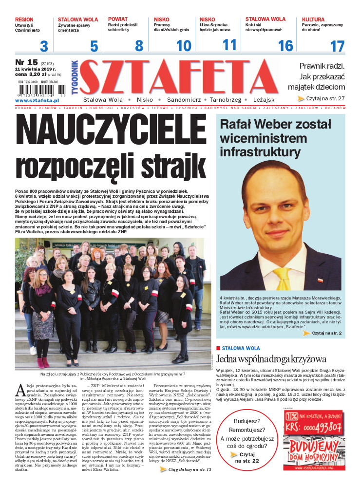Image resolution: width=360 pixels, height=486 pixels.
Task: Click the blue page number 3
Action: click(44, 47)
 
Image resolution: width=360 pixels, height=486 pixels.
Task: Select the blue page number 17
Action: click(337, 47)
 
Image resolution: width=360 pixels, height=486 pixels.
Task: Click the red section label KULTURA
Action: click(313, 19)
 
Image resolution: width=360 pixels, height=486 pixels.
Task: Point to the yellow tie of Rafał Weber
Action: click(282, 278)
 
